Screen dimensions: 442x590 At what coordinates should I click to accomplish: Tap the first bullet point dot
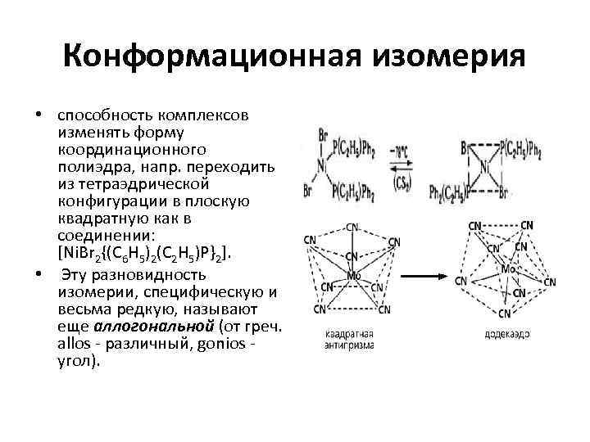[x=38, y=115]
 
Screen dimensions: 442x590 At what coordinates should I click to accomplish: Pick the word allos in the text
[x=75, y=344]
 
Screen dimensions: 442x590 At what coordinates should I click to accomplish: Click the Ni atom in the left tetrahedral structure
[x=322, y=169]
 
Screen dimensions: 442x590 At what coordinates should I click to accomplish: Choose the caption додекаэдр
[x=506, y=335]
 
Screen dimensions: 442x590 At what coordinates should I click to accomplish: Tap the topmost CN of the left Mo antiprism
[x=352, y=227]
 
